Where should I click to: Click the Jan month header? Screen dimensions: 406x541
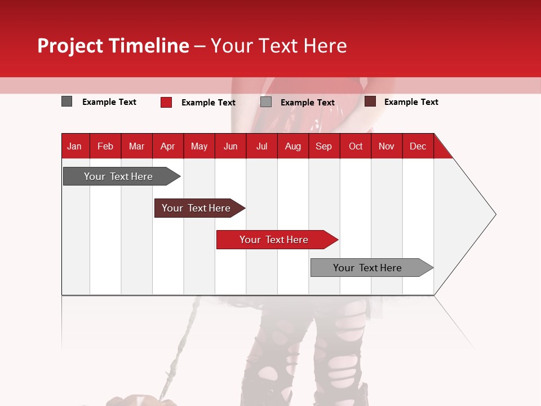click(x=74, y=146)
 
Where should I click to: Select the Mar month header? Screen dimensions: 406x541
click(x=136, y=146)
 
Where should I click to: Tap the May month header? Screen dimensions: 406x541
click(x=199, y=146)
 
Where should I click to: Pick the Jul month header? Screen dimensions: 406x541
click(x=261, y=146)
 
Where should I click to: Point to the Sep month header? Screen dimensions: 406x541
click(x=323, y=146)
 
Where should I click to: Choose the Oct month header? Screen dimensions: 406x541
click(x=356, y=146)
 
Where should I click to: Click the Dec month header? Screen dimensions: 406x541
click(x=418, y=146)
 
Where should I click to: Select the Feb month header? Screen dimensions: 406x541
click(x=105, y=146)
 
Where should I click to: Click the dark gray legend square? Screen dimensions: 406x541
click(x=67, y=101)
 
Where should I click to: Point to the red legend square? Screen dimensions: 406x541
click(x=166, y=102)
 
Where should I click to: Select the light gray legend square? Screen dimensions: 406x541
click(x=266, y=102)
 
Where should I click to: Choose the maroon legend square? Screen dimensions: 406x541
click(x=370, y=101)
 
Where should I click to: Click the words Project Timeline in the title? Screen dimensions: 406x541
click(x=113, y=46)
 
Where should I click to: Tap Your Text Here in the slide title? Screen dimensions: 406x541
click(x=278, y=46)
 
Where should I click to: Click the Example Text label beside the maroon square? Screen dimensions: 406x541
click(x=411, y=102)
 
